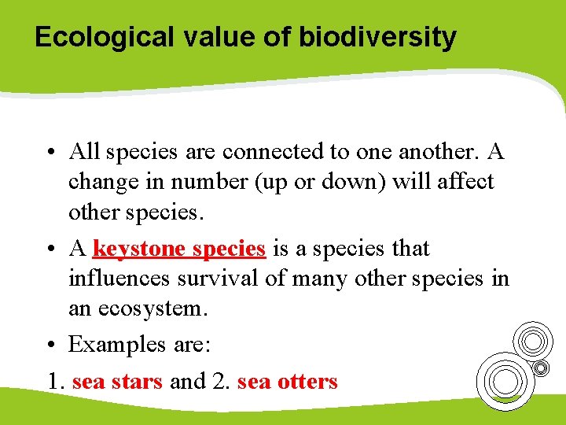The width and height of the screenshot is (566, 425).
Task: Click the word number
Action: pos(210,182)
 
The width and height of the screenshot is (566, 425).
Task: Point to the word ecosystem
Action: pos(155,309)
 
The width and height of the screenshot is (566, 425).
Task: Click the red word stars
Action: pos(136,382)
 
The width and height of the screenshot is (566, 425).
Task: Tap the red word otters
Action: pos(307,382)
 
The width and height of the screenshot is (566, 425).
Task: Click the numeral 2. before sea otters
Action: pos(220,382)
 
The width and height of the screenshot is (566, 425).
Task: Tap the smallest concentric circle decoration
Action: pos(541,367)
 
